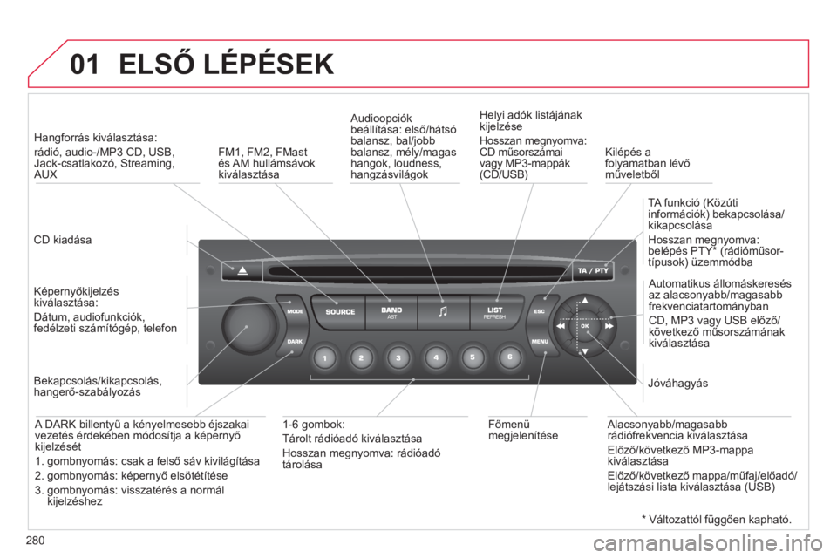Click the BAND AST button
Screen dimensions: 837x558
coord(391,312)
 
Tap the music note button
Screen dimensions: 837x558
coord(443,312)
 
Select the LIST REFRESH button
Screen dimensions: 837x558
coord(495,312)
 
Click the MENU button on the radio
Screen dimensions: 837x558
coord(540,341)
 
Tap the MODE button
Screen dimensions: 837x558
coord(295,310)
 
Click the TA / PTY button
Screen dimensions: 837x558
coord(593,271)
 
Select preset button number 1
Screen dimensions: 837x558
coord(324,357)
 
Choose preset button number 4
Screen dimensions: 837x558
coord(436,357)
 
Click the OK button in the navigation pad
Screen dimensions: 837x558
coord(585,326)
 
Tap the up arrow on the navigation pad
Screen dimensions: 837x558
coord(585,301)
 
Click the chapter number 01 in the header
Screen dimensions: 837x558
coord(85,65)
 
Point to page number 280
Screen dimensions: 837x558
coord(35,541)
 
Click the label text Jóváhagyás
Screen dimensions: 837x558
coord(678,384)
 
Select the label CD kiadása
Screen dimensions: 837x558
coord(63,240)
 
